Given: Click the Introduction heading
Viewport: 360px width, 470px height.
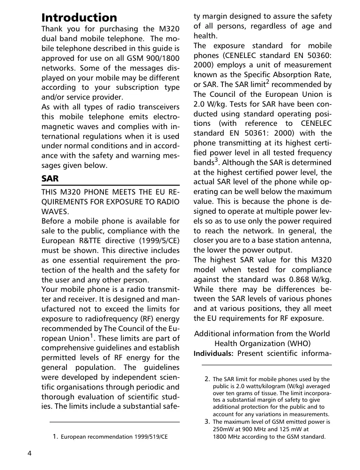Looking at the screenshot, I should coord(79,18).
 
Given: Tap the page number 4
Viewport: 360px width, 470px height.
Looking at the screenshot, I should coord(29,453).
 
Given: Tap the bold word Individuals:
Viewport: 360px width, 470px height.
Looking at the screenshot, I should coord(213,353).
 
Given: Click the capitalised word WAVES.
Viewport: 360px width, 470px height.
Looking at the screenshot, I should coord(54,211).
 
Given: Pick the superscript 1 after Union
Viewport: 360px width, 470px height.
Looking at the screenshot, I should coord(91,335).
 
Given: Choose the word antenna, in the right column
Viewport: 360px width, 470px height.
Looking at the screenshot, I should coord(316,240).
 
